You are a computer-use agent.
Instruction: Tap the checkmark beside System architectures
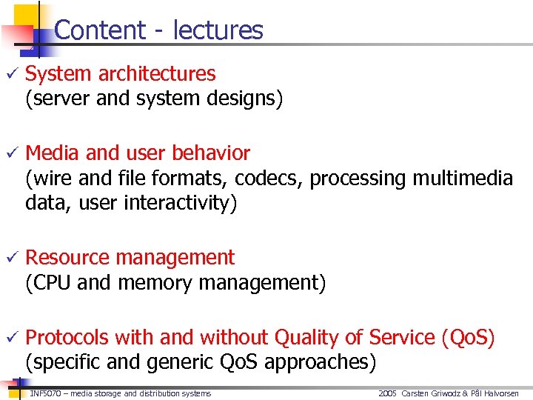pos(10,74)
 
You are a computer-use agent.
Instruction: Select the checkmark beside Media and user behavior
pos(10,153)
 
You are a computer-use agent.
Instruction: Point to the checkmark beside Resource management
pos(10,258)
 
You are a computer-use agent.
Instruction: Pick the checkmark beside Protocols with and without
pos(10,338)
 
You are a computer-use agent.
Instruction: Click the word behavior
pos(211,153)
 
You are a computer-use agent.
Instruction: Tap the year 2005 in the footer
pos(387,393)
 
